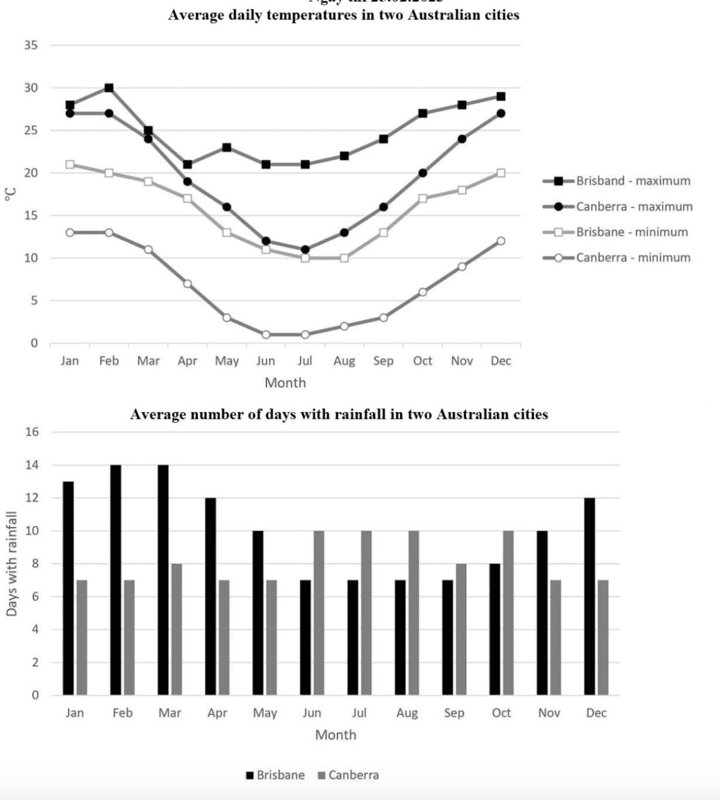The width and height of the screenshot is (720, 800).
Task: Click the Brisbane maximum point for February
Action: pyautogui.click(x=109, y=88)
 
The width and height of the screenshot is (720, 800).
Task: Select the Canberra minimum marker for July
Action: pyautogui.click(x=305, y=335)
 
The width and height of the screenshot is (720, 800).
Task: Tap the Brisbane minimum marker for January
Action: pyautogui.click(x=70, y=165)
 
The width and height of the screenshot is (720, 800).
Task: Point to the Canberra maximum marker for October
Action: pyautogui.click(x=423, y=173)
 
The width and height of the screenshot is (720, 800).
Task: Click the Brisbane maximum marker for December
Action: pyautogui.click(x=501, y=97)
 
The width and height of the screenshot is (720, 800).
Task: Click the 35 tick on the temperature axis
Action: pyautogui.click(x=31, y=45)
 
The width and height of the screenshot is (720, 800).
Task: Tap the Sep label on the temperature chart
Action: pyautogui.click(x=383, y=361)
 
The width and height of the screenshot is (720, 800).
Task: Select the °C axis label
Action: pyautogui.click(x=9, y=195)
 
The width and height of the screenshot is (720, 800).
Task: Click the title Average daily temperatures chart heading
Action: pyautogui.click(x=344, y=15)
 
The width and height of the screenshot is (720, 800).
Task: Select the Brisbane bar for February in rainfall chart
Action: pyautogui.click(x=116, y=580)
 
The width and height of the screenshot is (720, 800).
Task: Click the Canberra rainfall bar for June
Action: pyautogui.click(x=319, y=613)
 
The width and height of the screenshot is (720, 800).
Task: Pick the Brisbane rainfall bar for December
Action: pyautogui.click(x=589, y=596)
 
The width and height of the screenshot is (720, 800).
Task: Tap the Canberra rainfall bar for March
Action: pyautogui.click(x=177, y=629)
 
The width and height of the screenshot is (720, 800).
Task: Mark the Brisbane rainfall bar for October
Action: pyautogui.click(x=495, y=629)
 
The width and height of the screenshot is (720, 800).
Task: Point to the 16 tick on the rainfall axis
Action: pyautogui.click(x=31, y=432)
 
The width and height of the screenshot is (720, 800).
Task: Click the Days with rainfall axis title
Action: pyautogui.click(x=11, y=563)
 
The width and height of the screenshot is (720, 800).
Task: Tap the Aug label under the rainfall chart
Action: pyautogui.click(x=406, y=713)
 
